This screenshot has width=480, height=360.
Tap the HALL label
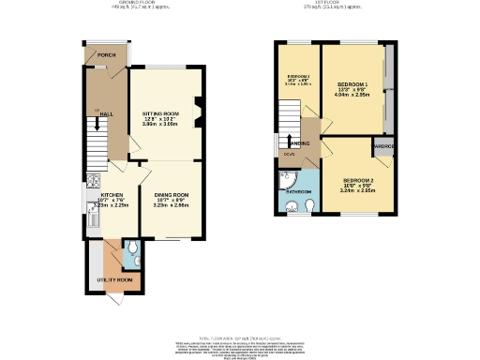pos(107,113)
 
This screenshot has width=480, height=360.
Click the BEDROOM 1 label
pos(354,84)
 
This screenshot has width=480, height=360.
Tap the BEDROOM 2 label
pos(358,179)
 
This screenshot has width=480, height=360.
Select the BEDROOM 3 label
pos(297,75)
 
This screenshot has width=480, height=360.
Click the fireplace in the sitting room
pos(198,111)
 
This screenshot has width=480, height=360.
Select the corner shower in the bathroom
pos(286,181)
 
